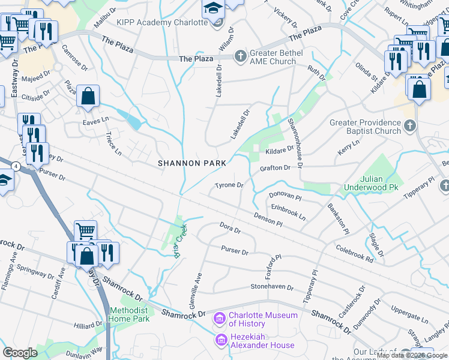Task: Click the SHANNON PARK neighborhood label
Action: (x=192, y=163)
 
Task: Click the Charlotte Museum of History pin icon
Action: (x=219, y=317)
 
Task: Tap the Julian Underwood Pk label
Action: (x=372, y=183)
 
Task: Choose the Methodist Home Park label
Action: (x=129, y=314)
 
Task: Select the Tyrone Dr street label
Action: (x=229, y=185)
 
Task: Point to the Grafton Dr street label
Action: (x=275, y=168)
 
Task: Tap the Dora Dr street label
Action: (x=230, y=228)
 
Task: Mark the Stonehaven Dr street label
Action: (x=272, y=287)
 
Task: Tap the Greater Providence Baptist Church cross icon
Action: (x=410, y=125)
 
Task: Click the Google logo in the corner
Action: (x=20, y=353)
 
